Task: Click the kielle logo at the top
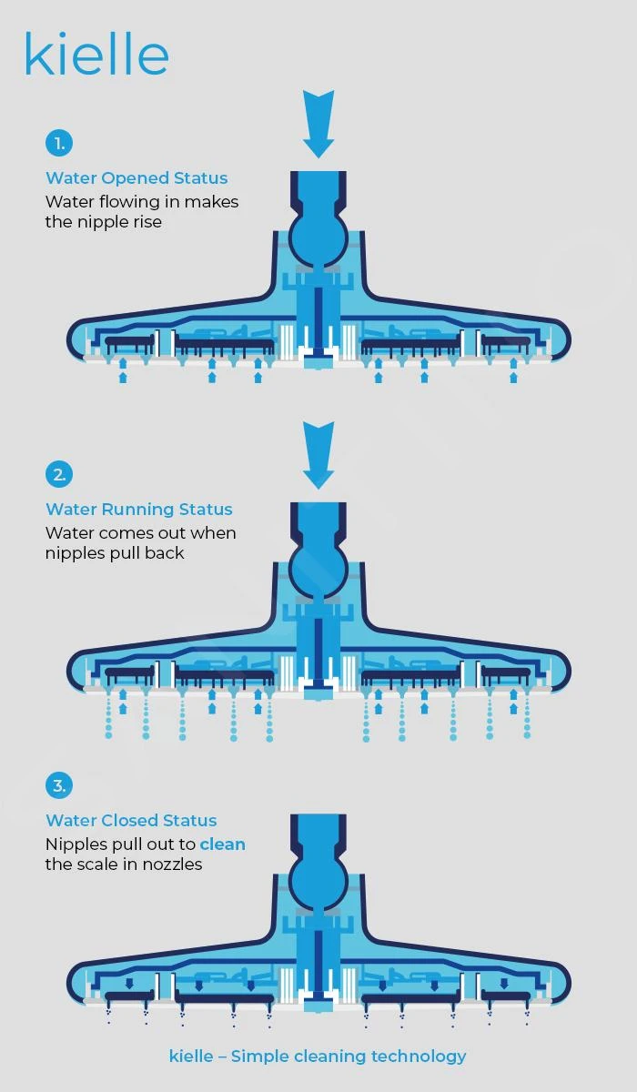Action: point(96,54)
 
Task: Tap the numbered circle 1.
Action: point(59,144)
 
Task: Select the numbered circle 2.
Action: point(59,474)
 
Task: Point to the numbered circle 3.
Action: point(59,785)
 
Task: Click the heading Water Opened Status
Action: point(136,178)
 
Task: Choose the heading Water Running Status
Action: point(139,509)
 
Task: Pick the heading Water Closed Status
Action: point(131,820)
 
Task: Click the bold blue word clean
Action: point(223,844)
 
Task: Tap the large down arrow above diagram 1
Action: point(318,125)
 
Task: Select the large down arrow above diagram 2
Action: point(318,455)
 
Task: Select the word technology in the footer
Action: point(419,1057)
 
